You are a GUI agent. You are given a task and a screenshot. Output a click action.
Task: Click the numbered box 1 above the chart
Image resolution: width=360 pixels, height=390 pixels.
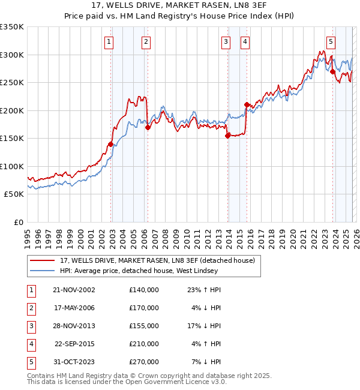click(109, 41)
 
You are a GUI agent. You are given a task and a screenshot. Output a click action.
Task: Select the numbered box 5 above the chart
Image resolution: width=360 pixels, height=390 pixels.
click(331, 41)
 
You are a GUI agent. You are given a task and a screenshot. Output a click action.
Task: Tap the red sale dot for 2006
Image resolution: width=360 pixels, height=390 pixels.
click(148, 127)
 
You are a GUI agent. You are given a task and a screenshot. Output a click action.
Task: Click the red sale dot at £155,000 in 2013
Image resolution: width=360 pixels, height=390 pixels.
click(227, 136)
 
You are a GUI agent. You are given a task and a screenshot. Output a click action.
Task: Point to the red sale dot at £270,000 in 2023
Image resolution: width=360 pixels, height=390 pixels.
click(332, 71)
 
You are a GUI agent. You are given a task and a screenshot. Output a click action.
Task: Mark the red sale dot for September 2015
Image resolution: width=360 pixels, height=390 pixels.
click(247, 104)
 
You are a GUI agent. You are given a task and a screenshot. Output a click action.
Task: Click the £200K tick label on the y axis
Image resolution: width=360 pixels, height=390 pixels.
click(11, 110)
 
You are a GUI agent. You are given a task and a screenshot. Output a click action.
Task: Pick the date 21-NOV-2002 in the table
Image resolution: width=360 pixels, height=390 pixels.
click(74, 290)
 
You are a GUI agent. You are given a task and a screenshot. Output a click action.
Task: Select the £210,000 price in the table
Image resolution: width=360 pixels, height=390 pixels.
click(144, 344)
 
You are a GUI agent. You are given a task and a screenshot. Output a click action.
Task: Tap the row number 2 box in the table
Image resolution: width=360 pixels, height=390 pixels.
click(30, 308)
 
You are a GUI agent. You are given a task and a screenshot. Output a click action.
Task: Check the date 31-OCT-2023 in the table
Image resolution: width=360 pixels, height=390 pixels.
click(74, 362)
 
